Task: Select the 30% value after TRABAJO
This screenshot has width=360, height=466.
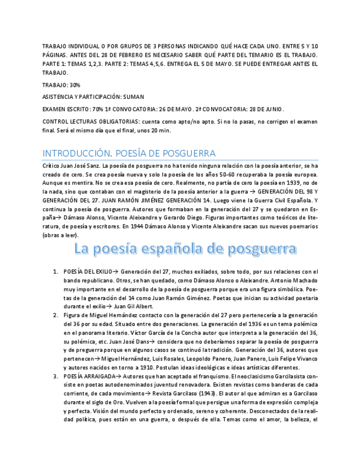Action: pyautogui.click(x=75, y=85)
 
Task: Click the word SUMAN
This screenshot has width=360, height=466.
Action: pyautogui.click(x=134, y=97)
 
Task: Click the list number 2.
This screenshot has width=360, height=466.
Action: pyautogui.click(x=56, y=315)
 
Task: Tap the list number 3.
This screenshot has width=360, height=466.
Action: pyautogui.click(x=56, y=376)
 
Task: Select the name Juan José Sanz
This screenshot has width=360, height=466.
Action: pyautogui.click(x=79, y=165)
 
